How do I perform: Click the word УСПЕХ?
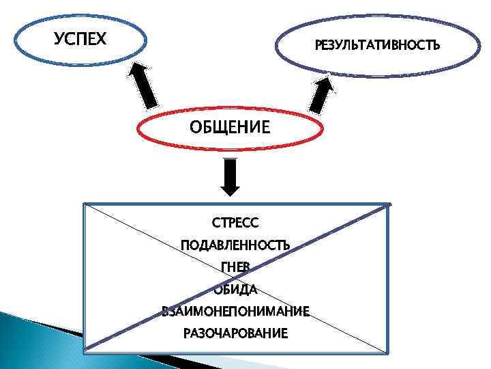80,39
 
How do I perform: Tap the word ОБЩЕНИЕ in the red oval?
229,127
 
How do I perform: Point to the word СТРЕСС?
236,223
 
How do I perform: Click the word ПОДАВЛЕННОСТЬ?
235,245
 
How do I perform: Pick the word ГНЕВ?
236,267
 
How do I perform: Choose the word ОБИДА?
235,289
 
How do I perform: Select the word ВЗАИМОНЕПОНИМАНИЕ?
235,311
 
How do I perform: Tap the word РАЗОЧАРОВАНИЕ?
235,333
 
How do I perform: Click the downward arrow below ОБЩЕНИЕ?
230,176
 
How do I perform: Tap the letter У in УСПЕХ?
59,39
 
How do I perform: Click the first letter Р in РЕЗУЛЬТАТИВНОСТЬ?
318,46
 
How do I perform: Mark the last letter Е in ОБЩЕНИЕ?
265,127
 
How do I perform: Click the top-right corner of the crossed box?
389,204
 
